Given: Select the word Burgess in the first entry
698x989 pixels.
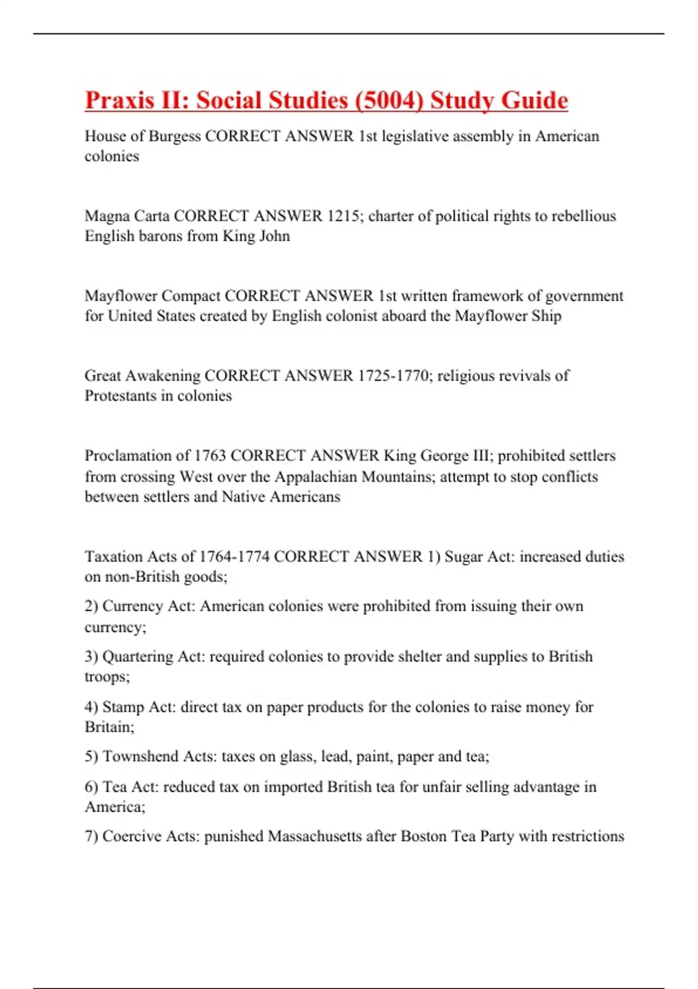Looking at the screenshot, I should pyautogui.click(x=174, y=136).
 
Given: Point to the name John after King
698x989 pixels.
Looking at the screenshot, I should pyautogui.click(x=275, y=236).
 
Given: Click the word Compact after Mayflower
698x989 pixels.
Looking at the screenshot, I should pyautogui.click(x=191, y=296).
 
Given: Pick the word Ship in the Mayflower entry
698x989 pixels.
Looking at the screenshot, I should pyautogui.click(x=546, y=316).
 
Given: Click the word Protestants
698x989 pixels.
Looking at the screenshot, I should pyautogui.click(x=120, y=396).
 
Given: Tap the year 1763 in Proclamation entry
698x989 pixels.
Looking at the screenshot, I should pyautogui.click(x=209, y=456).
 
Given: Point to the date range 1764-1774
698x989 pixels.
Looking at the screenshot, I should pyautogui.click(x=234, y=557).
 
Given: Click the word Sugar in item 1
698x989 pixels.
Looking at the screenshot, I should pyautogui.click(x=463, y=557).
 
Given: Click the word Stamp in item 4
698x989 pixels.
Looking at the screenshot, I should pyautogui.click(x=123, y=707).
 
